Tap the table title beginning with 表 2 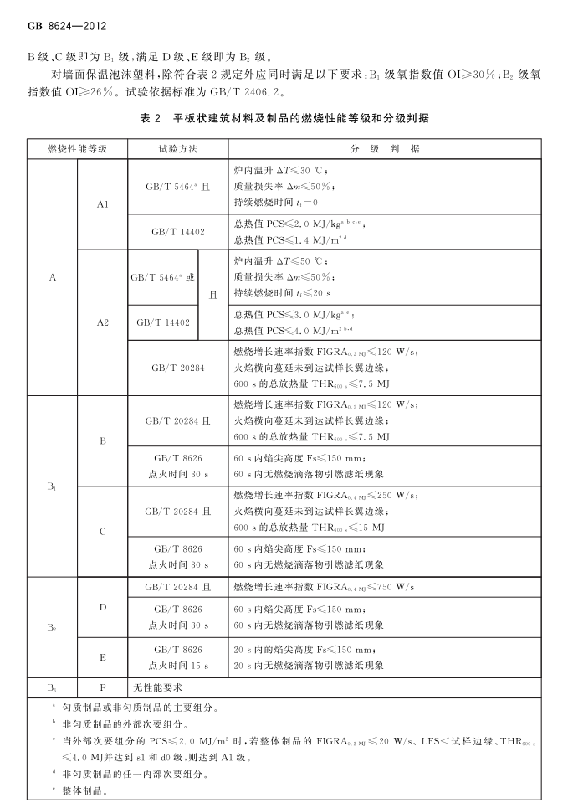coord(284,119)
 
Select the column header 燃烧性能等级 coord(77,148)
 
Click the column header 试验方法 coord(177,148)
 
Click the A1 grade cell coord(102,203)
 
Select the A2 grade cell coord(102,321)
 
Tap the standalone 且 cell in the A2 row coord(212,295)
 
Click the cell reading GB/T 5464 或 coord(162,276)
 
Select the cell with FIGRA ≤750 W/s coord(324,585)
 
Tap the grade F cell coord(102,687)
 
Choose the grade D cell coord(102,605)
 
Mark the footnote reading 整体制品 coord(80,790)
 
